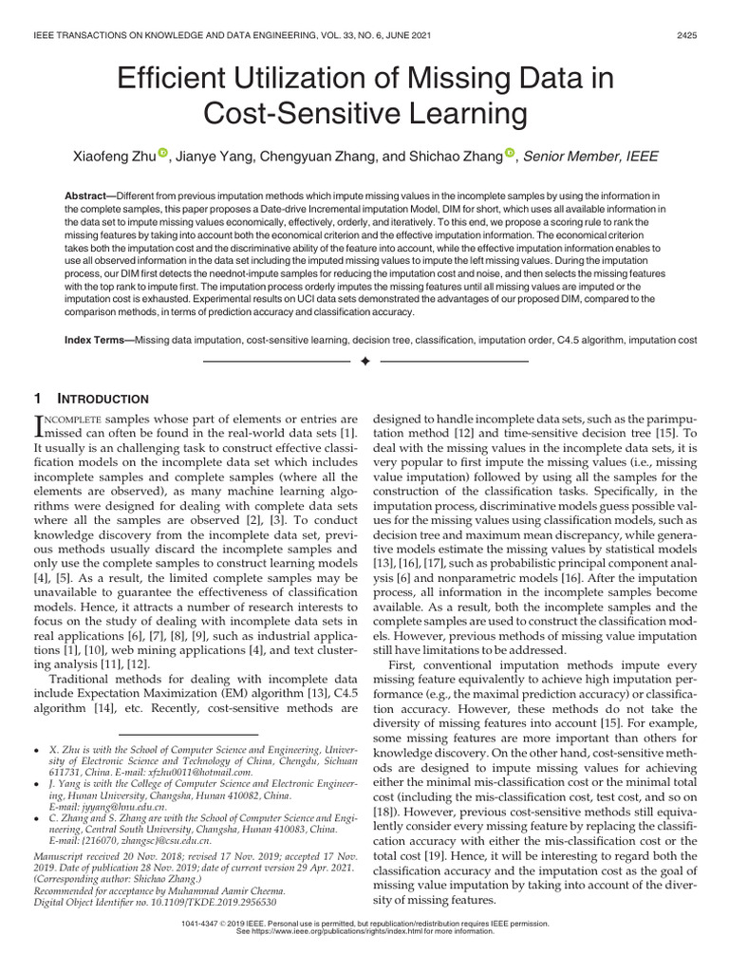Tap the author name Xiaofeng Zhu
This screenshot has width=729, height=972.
(x=113, y=156)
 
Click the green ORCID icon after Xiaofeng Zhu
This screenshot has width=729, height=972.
(x=162, y=154)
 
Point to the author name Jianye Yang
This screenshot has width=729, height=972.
(x=215, y=156)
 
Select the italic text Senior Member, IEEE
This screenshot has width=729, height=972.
(x=589, y=156)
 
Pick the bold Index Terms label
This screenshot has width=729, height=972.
(x=98, y=340)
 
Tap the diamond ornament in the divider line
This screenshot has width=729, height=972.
(x=364, y=362)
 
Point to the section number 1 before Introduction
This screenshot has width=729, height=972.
(x=38, y=400)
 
